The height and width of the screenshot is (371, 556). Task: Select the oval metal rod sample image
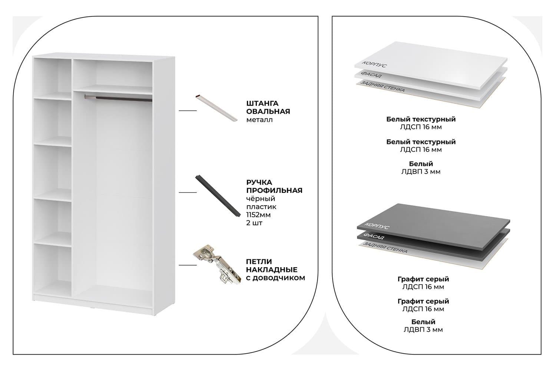216,108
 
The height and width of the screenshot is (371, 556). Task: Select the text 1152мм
259,215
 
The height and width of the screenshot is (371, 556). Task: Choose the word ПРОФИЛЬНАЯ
274,190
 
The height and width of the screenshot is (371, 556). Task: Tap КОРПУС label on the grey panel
377,226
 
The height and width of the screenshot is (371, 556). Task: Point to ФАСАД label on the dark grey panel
374,236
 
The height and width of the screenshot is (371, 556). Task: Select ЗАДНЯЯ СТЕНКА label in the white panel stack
383,86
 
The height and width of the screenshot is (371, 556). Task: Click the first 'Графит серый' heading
423,279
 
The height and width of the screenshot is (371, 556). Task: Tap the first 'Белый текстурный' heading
421,119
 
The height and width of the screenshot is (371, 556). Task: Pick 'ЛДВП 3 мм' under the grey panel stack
423,329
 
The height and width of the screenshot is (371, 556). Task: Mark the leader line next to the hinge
188,265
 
